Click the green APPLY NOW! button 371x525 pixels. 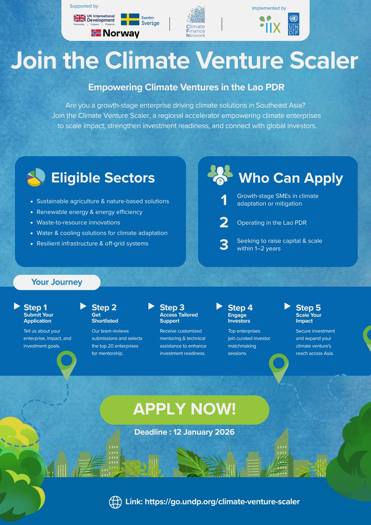pyautogui.click(x=184, y=409)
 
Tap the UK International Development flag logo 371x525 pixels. pyautogui.click(x=80, y=18)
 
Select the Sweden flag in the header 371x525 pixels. pyautogui.click(x=130, y=19)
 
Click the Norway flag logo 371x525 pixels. pyautogui.click(x=96, y=33)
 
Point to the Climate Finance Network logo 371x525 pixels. pyautogui.click(x=196, y=21)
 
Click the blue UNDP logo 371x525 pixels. pyautogui.click(x=294, y=24)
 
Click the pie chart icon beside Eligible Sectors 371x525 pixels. pyautogui.click(x=36, y=177)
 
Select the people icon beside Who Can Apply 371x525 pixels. pyautogui.click(x=220, y=174)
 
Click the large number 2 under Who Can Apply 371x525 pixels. pyautogui.click(x=224, y=222)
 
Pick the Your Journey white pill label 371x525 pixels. pyautogui.click(x=56, y=282)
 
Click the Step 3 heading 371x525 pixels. pyautogui.click(x=172, y=308)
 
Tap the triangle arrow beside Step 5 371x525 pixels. pyautogui.click(x=287, y=305)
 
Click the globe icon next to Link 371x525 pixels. pyautogui.click(x=115, y=501)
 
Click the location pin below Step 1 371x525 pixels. pyautogui.click(x=66, y=363)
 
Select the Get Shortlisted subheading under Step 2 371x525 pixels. pyautogui.click(x=102, y=318)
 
